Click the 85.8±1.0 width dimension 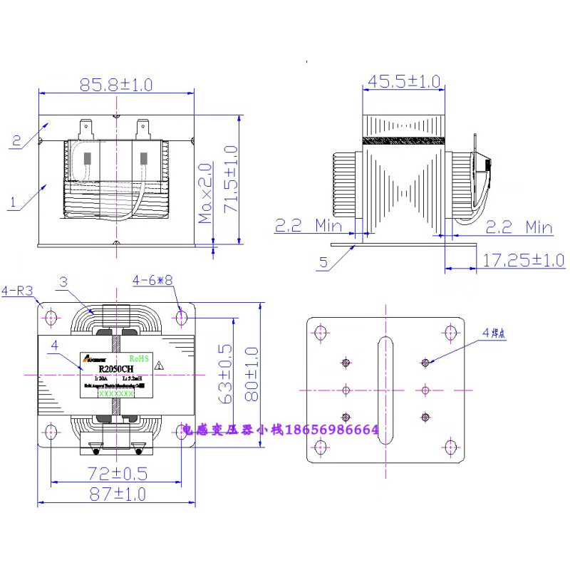coord(116,85)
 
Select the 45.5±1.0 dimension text coord(402,82)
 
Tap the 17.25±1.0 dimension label coord(522,260)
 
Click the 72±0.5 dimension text coord(115,473)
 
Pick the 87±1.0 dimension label coord(116,492)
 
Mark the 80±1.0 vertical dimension coord(250,374)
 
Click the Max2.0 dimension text coord(206,192)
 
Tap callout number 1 coord(12,203)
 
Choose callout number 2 coord(16,141)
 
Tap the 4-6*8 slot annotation coord(152,281)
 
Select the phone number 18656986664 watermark coord(331,430)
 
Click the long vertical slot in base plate coord(385,390)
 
